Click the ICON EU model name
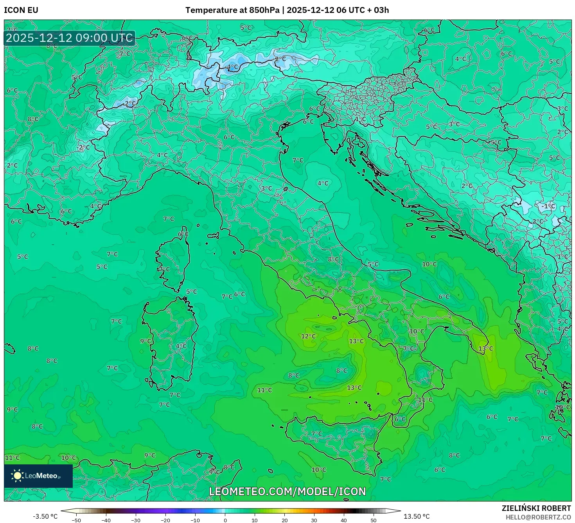21,10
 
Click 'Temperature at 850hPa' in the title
232,10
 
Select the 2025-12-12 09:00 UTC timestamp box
70,38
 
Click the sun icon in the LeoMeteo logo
17,476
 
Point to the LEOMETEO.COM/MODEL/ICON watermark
287,491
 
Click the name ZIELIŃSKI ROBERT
536,508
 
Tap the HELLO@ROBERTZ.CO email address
538,517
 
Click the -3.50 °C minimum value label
45,516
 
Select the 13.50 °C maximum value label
417,516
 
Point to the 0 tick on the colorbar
225,520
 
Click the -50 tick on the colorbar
76,520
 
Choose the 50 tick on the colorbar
374,520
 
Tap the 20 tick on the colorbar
284,520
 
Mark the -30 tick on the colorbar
135,520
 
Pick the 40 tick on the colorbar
344,520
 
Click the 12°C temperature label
308,336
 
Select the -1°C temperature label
548,206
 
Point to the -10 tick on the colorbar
195,520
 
